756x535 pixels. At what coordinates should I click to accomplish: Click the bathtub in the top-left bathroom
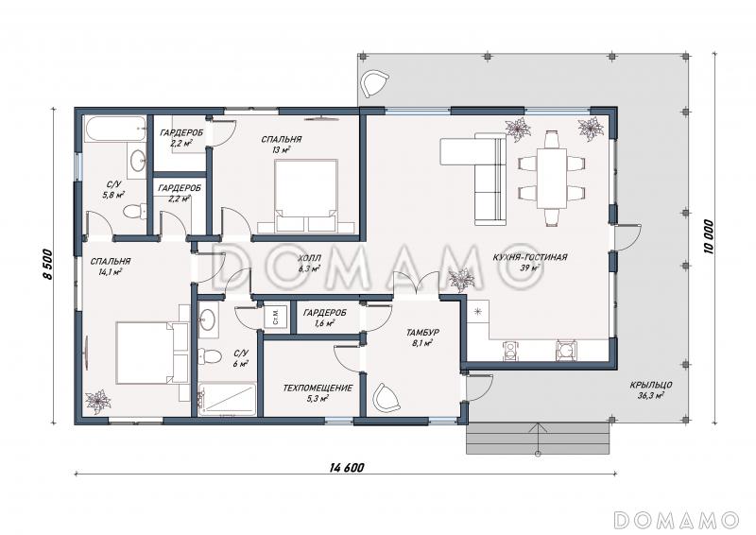tap(115, 129)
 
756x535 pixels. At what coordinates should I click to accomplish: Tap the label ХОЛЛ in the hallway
tap(310, 258)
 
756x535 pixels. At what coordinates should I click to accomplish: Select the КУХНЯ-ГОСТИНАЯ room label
tap(530, 258)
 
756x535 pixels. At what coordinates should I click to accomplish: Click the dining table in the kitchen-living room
tap(552, 178)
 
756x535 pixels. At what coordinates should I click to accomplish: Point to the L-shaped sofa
tap(482, 174)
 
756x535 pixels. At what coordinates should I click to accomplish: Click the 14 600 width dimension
tap(347, 468)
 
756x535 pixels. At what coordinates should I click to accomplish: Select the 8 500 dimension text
tap(47, 265)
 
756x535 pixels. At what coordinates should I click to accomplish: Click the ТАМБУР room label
tap(422, 333)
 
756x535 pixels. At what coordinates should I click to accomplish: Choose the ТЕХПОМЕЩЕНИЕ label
tap(318, 388)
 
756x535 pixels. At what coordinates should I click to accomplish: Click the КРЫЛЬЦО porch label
tap(651, 385)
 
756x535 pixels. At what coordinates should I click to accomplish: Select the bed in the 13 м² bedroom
tap(305, 197)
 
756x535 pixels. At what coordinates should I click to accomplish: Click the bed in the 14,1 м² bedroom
tap(152, 354)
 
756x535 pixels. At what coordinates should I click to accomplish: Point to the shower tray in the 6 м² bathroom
tap(227, 399)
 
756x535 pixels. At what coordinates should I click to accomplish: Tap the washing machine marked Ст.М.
tap(276, 316)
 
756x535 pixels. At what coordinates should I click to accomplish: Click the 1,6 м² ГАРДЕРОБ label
tap(324, 318)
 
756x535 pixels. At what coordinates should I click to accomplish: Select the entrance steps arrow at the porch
tap(538, 440)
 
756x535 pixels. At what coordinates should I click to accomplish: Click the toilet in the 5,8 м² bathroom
tap(134, 211)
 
